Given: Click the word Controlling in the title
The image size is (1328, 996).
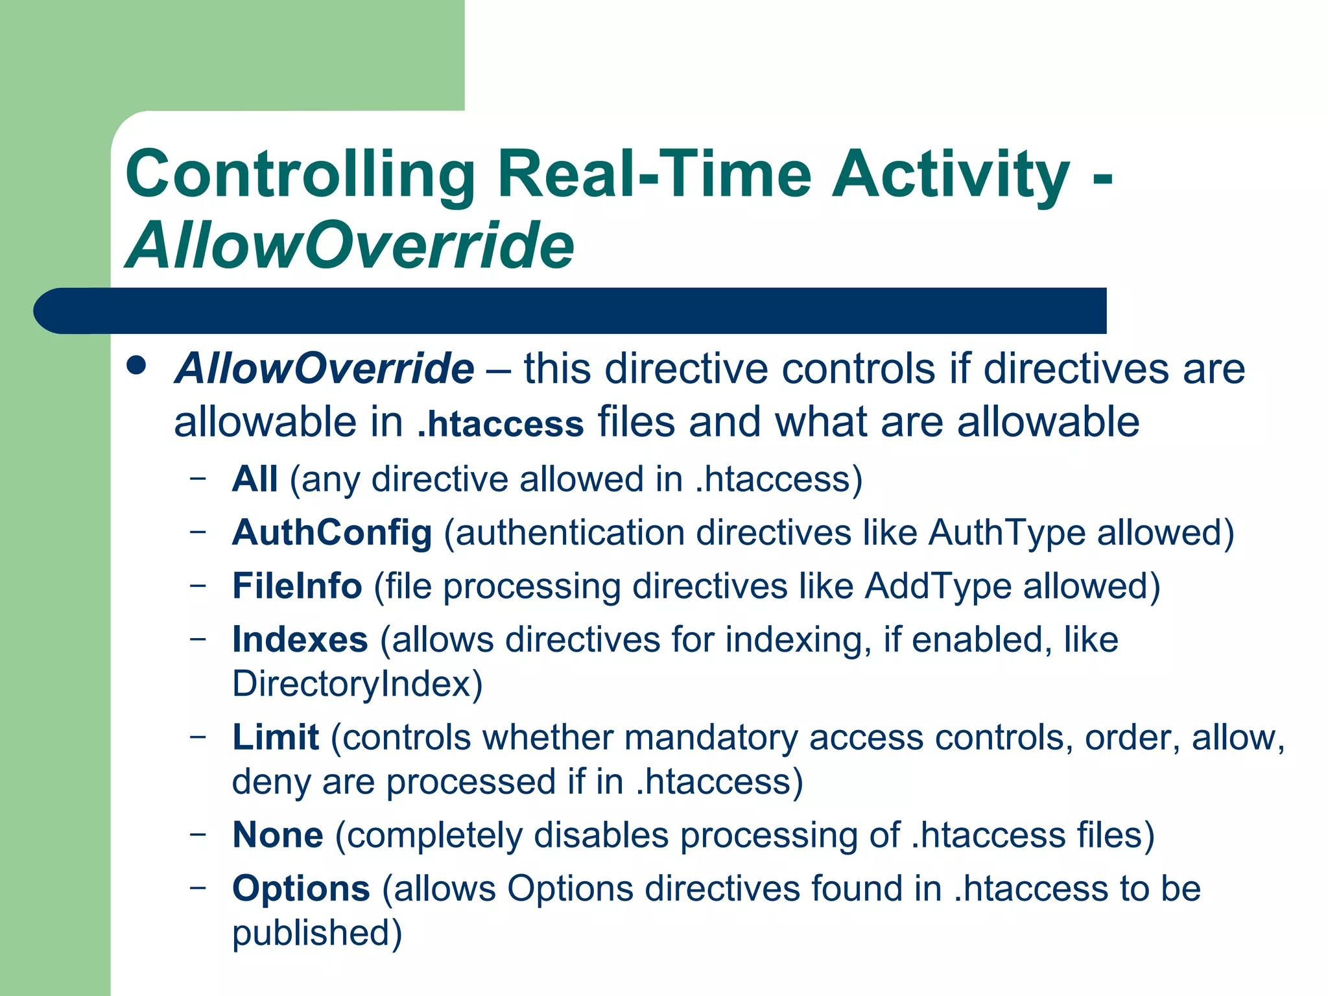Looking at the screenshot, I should click(300, 174).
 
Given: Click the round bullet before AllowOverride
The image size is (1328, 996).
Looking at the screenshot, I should click(137, 366).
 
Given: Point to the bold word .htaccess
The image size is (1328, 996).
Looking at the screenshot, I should click(501, 424).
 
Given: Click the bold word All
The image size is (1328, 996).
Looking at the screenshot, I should click(255, 480).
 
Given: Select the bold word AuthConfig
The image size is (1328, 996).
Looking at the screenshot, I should click(332, 533).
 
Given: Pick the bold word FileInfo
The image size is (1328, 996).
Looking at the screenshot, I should click(297, 586).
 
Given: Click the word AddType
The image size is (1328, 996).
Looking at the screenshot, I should click(938, 586).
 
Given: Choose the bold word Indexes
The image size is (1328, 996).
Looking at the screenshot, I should click(300, 640).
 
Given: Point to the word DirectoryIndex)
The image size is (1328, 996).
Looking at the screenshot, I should click(357, 684).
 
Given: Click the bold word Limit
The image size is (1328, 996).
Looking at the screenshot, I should click(276, 738).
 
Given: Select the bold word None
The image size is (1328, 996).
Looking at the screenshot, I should click(278, 835).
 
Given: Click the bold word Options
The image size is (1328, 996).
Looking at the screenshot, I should click(301, 889).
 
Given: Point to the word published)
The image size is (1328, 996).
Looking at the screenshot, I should click(317, 933).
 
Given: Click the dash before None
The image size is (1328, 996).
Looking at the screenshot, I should click(198, 833).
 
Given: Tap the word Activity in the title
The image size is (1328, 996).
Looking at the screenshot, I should click(951, 174).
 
